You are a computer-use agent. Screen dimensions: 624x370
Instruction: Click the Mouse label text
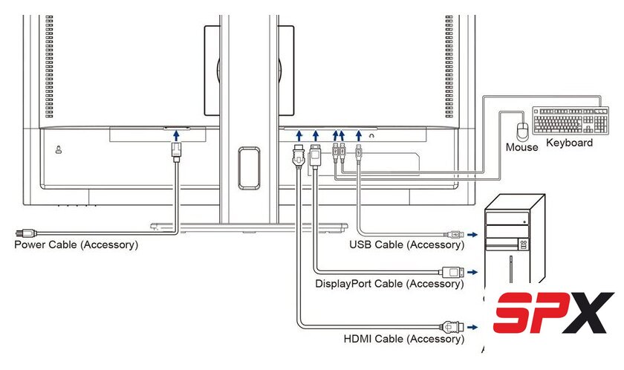pos(521,147)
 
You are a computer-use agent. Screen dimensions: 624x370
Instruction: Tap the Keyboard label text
pos(569,143)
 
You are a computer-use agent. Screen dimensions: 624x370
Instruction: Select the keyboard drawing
pos(571,120)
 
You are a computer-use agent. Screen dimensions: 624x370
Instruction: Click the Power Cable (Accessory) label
pos(77,244)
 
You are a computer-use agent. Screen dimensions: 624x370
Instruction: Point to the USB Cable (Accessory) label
pos(407,244)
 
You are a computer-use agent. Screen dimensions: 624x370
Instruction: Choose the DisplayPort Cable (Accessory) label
pos(389,284)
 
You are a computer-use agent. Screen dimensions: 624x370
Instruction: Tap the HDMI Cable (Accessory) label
pos(404,339)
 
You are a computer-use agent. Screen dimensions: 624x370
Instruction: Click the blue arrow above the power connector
pos(176,136)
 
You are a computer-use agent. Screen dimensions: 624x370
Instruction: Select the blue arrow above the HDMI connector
pos(299,136)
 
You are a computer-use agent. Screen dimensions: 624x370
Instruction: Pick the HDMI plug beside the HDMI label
pos(452,327)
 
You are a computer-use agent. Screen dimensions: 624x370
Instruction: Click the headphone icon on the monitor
pos(371,136)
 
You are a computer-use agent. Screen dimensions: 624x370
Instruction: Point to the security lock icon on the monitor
pos(59,149)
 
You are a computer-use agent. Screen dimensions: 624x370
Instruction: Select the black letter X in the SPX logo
pos(588,313)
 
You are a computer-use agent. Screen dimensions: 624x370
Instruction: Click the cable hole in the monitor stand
pos(249,168)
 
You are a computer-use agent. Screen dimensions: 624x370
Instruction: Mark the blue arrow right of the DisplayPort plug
pos(472,272)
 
